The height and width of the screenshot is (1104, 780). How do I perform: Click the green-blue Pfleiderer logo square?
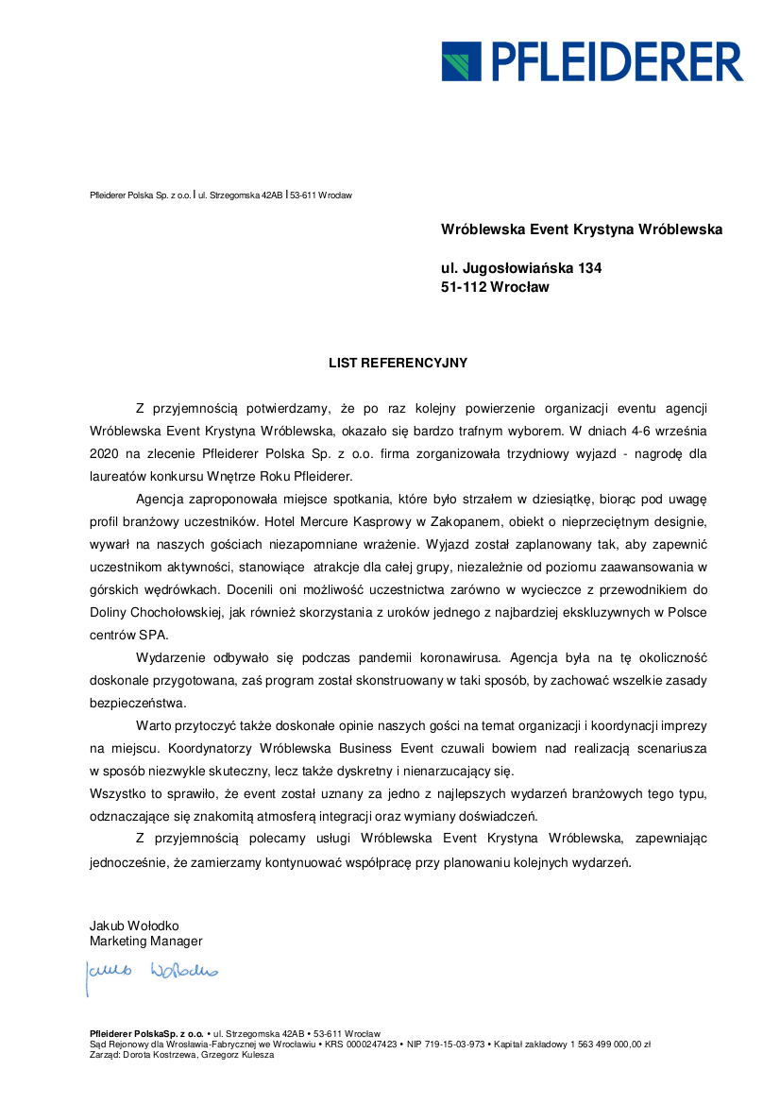461,60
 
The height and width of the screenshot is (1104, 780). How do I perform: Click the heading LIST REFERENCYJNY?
398,362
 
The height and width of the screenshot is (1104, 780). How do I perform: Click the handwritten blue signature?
151,970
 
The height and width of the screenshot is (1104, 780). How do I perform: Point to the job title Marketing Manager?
145,941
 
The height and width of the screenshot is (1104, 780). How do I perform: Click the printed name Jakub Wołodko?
134,926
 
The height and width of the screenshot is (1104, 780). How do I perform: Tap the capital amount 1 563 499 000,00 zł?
609,1045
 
